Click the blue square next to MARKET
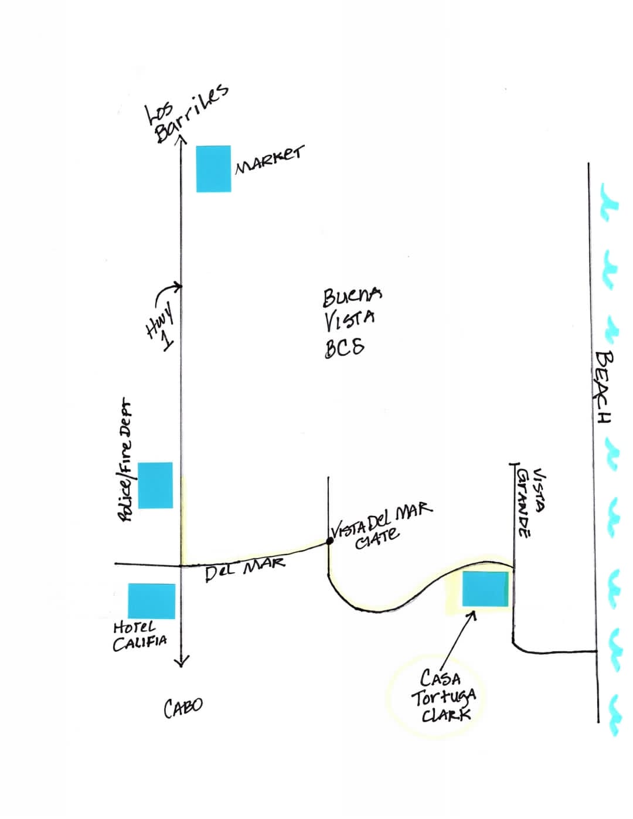coord(213,168)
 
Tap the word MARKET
coord(269,160)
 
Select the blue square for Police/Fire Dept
coord(155,485)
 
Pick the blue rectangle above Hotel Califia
coord(151,601)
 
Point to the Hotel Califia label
coord(139,637)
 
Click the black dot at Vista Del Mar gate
coord(329,541)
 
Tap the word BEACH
coord(603,387)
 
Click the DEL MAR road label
coord(245,570)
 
